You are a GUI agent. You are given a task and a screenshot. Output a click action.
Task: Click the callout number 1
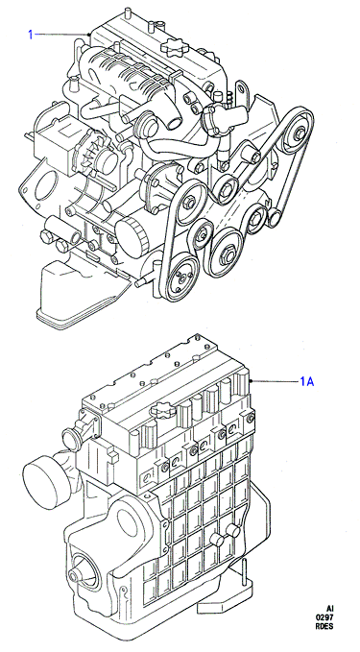click(x=31, y=35)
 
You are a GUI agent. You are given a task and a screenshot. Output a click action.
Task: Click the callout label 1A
click(x=307, y=381)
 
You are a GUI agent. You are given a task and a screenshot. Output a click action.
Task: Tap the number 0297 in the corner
click(x=325, y=617)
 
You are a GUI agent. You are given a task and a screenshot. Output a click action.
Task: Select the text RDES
click(x=325, y=626)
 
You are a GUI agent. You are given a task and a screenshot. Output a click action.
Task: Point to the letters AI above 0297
click(x=329, y=609)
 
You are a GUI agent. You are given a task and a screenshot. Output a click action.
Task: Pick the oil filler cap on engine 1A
click(x=161, y=412)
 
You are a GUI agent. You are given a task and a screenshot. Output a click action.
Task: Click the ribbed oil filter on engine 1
click(x=132, y=235)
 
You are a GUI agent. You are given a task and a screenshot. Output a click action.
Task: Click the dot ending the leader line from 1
click(x=89, y=35)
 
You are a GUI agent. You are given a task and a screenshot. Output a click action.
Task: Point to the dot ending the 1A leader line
click(x=251, y=381)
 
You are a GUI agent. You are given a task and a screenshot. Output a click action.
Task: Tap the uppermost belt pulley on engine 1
click(x=298, y=133)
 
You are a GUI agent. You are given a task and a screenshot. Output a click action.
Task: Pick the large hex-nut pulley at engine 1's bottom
click(x=228, y=253)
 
